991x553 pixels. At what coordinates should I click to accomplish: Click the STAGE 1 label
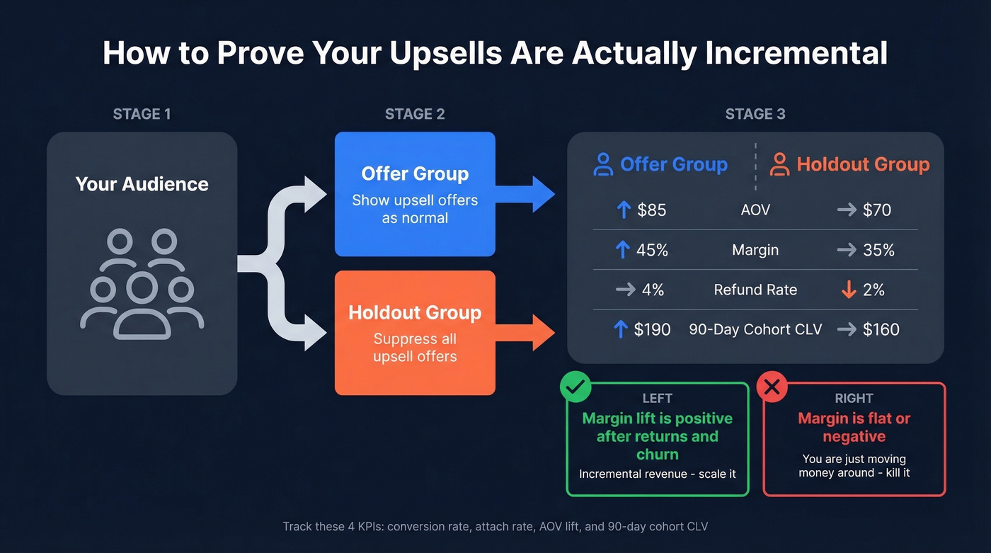(x=142, y=114)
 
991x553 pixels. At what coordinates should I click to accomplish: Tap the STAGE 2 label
(x=415, y=114)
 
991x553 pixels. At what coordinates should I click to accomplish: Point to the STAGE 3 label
(x=755, y=114)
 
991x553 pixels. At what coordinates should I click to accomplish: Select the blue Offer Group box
(x=415, y=194)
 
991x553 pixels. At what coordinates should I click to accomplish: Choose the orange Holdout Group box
(x=415, y=333)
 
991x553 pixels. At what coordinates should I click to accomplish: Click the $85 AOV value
(x=651, y=210)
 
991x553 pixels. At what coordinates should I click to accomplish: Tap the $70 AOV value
(x=876, y=210)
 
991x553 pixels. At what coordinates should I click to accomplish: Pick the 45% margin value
(x=651, y=250)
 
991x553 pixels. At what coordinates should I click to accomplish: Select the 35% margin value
(x=878, y=250)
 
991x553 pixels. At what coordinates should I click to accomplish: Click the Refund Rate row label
(x=755, y=290)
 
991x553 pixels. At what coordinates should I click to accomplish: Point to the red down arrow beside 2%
(x=848, y=290)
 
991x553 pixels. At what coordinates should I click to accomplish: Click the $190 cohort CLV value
(x=652, y=329)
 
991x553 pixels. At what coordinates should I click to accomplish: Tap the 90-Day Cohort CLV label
(x=755, y=329)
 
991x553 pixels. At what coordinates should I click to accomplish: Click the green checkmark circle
(x=575, y=387)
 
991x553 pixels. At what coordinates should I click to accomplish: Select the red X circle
(x=772, y=387)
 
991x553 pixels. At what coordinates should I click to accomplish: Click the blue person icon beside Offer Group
(x=603, y=165)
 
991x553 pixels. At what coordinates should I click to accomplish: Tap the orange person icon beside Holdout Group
(x=779, y=165)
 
